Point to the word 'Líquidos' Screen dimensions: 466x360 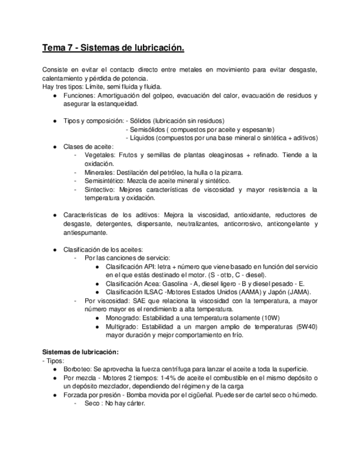(143, 138)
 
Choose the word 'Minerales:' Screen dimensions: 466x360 (101, 173)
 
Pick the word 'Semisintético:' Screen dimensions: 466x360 (104, 181)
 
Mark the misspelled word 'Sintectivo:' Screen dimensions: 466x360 (101, 190)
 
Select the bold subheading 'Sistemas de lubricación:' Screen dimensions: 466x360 (80, 352)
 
